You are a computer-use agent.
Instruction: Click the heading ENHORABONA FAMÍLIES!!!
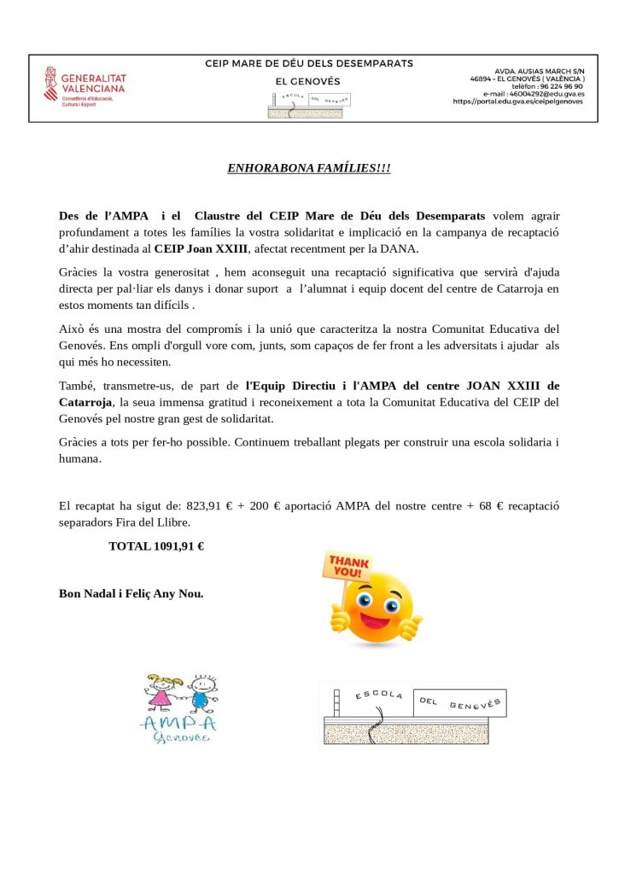308,168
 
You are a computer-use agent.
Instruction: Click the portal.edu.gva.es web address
517,102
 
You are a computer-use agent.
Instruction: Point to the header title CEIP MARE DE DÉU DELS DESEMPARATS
308,64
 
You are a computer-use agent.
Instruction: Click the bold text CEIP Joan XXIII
201,248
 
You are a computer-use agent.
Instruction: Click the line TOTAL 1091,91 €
156,546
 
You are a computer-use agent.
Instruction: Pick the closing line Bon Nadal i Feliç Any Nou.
131,593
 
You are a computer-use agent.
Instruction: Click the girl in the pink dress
161,693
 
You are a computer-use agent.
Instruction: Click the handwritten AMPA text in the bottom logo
178,725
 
